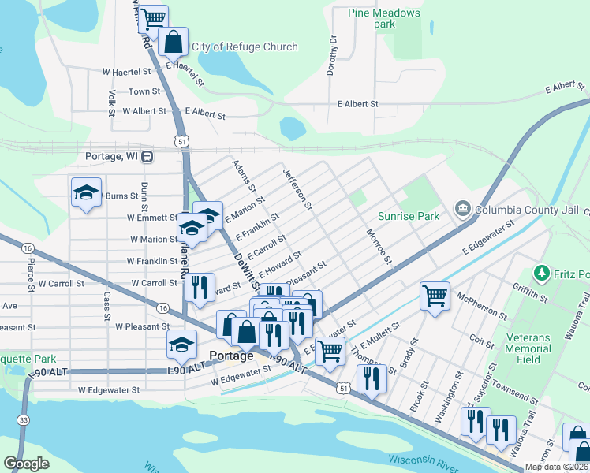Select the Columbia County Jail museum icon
[x=462, y=208]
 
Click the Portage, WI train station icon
[x=147, y=156]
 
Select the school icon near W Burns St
[x=86, y=192]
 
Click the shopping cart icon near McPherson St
[x=435, y=296]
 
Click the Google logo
[x=26, y=464]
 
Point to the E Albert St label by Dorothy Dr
[x=357, y=104]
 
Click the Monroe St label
[x=379, y=245]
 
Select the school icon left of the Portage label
[x=181, y=344]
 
